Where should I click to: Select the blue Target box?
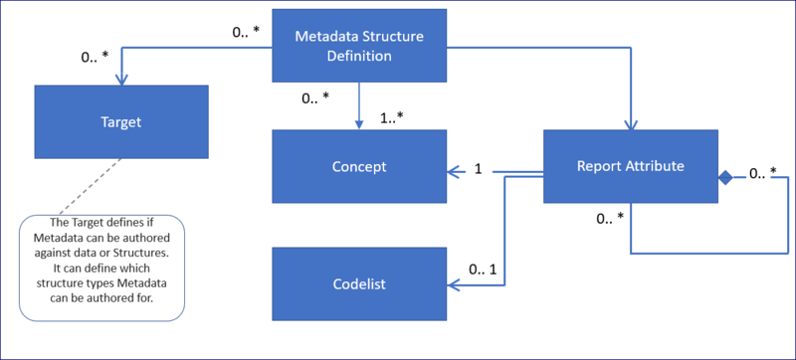[x=121, y=122]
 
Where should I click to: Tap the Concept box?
[x=359, y=166]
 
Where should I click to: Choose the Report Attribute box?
[x=630, y=166]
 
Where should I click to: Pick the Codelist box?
[x=359, y=284]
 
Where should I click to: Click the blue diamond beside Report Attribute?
[x=725, y=177]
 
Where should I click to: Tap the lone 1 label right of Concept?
[x=478, y=170]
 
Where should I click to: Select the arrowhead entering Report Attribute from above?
[x=629, y=123]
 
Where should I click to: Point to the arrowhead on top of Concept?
[x=359, y=123]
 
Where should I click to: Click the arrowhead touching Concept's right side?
[x=453, y=172]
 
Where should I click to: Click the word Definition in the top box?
[x=359, y=56]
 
